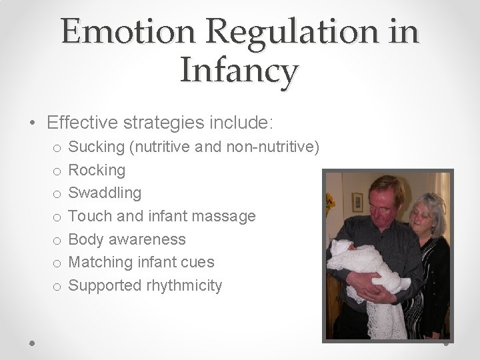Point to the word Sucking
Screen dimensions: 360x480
pos(95,147)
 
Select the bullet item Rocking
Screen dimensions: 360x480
pos(97,170)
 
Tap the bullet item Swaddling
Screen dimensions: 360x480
pos(105,193)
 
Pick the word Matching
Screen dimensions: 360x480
pos(99,262)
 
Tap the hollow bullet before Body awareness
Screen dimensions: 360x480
pos(57,240)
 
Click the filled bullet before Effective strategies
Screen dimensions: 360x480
pos(33,123)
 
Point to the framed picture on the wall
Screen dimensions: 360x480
pos(357,201)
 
